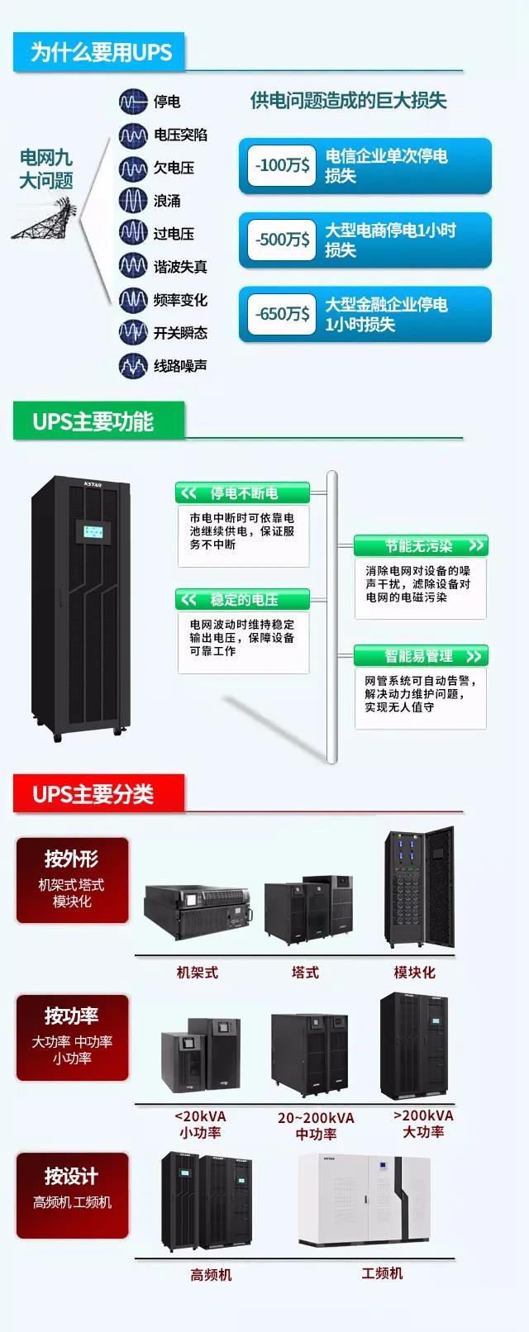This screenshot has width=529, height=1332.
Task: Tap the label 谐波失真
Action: coord(180,267)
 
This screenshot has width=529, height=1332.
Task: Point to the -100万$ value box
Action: coord(282,165)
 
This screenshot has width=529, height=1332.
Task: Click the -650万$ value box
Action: coord(282,314)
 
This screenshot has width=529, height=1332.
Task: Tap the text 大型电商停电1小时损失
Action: coord(390,240)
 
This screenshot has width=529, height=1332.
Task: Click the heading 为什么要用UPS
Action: coord(101,52)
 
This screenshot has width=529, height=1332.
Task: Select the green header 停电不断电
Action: coord(242,493)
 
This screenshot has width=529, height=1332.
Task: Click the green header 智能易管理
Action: coord(421,656)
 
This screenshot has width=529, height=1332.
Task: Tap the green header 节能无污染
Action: coord(421,546)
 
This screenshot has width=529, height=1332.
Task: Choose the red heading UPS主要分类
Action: coord(93,794)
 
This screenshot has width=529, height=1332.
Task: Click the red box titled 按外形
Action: coord(72,879)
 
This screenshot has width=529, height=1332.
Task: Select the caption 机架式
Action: coord(198,973)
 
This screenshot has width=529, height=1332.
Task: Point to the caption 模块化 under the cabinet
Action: coord(414,973)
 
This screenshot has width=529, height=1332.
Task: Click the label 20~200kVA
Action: coord(316,1118)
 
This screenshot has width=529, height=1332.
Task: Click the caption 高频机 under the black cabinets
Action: coord(211,1275)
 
